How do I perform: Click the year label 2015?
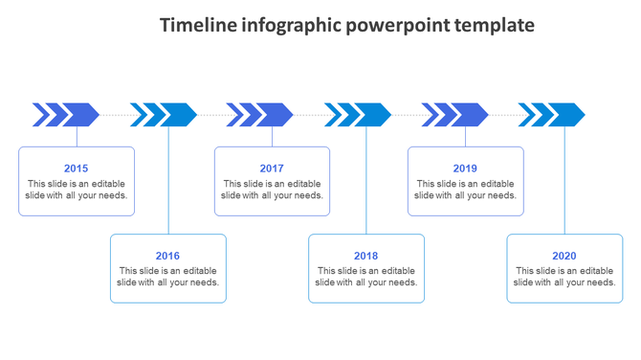click(77, 169)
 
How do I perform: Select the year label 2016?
click(167, 256)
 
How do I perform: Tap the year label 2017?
click(272, 169)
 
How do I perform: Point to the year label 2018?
click(365, 256)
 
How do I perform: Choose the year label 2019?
click(465, 169)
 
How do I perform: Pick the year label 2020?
click(564, 256)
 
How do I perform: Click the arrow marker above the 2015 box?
click(67, 115)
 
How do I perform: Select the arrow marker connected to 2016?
click(164, 115)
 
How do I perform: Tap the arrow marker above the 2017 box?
click(260, 115)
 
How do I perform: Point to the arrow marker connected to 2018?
click(358, 115)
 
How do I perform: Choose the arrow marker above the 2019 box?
click(455, 115)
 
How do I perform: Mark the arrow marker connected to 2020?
click(552, 115)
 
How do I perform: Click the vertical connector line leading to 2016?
click(169, 182)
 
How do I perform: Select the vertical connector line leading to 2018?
click(366, 182)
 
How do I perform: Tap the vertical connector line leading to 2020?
click(564, 182)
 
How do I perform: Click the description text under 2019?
click(465, 190)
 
